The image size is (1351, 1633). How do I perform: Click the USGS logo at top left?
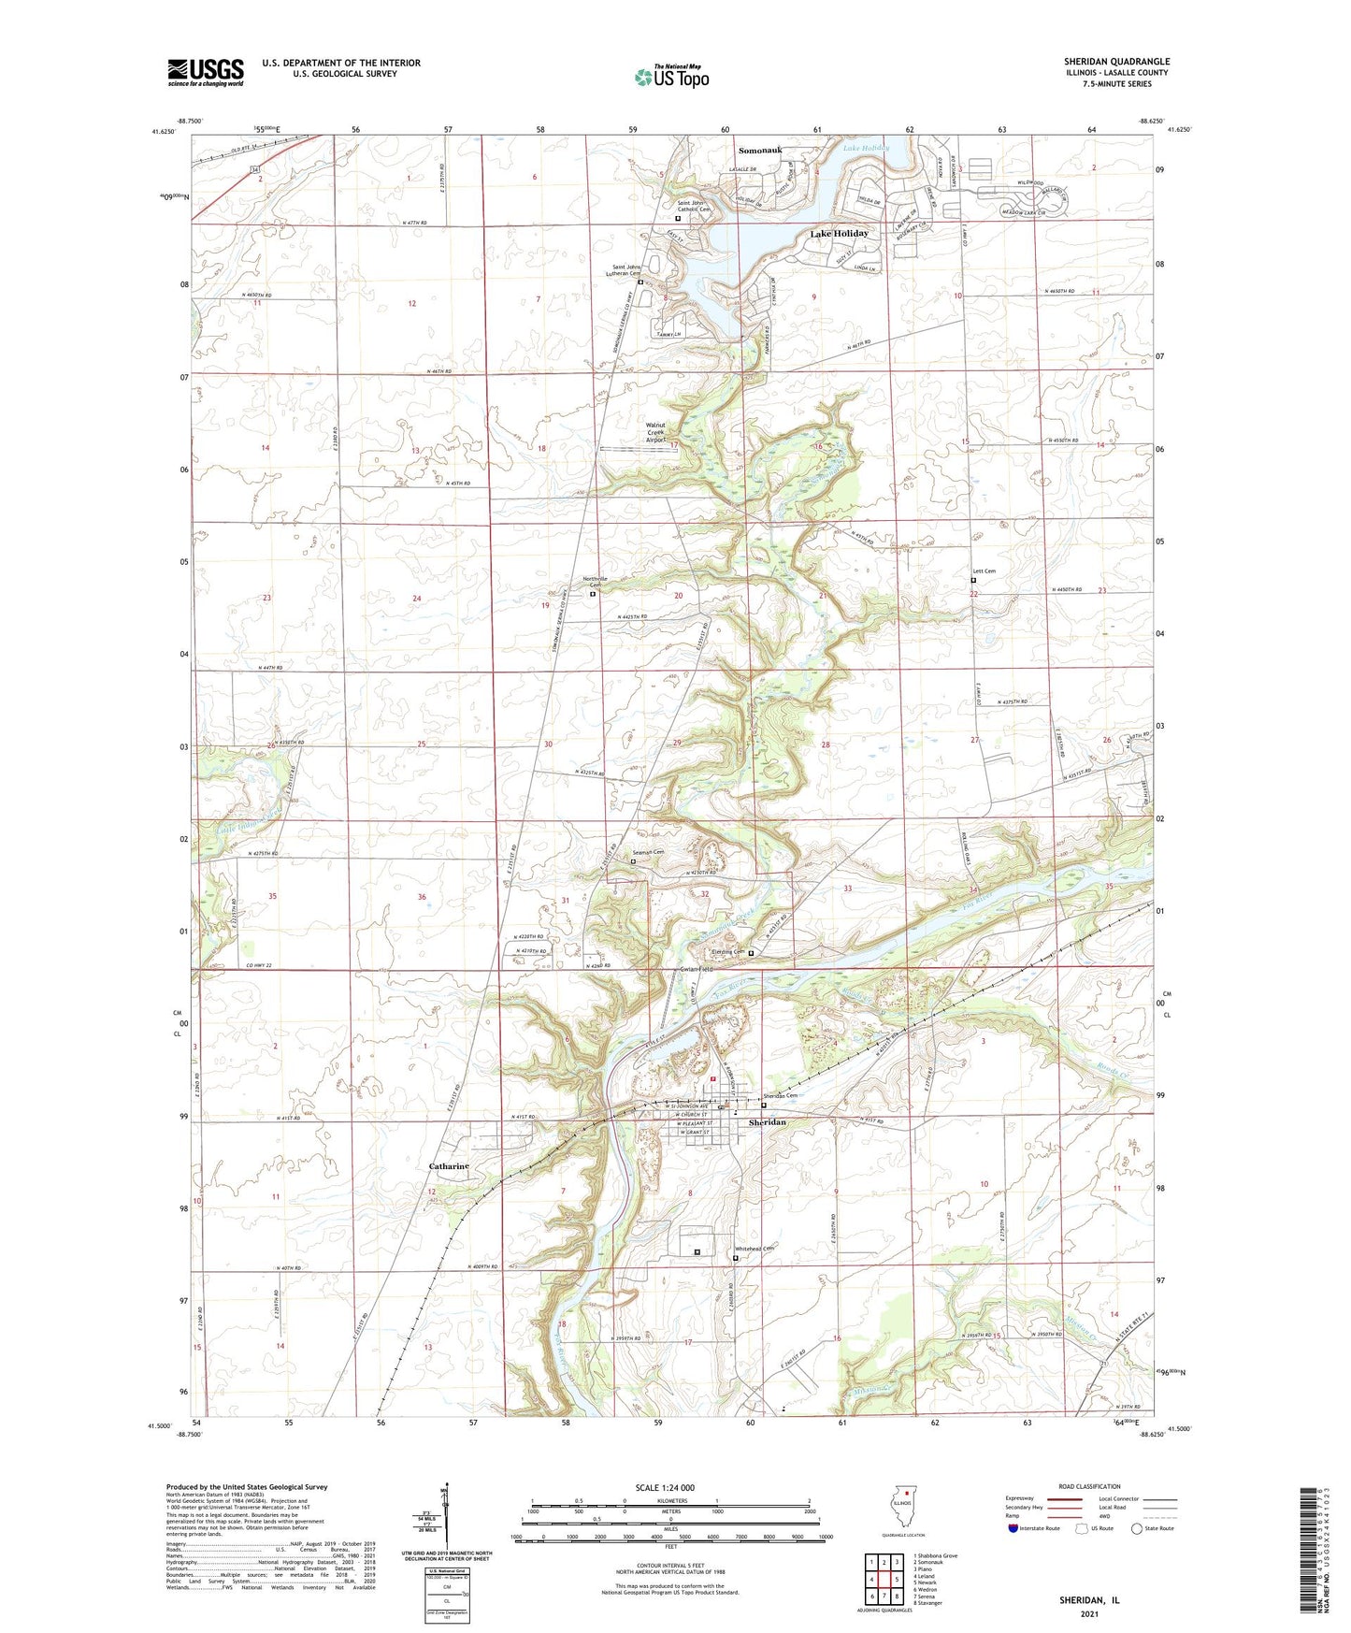click(x=206, y=71)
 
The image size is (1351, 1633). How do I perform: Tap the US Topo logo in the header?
click(x=671, y=77)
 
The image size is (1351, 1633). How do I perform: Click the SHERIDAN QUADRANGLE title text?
click(x=1116, y=62)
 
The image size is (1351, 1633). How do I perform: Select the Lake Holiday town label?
click(x=839, y=234)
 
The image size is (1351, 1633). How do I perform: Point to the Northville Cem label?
click(x=596, y=582)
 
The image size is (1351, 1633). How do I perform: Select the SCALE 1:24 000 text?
click(x=665, y=1487)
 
